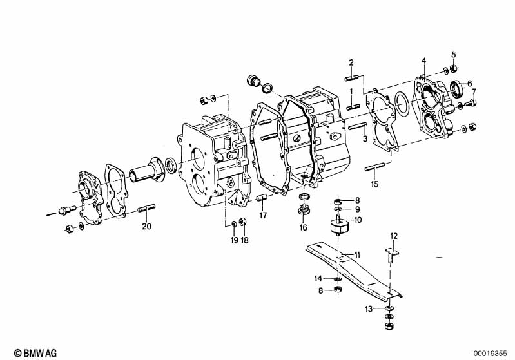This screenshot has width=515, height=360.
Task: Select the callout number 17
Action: pos(263,216)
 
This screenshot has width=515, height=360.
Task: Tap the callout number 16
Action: pos(303,227)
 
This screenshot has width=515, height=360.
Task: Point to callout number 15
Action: pos(374,183)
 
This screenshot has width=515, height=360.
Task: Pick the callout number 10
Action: pos(358,220)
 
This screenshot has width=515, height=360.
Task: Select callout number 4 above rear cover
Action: pos(423,61)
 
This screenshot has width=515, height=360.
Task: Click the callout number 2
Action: pos(351,62)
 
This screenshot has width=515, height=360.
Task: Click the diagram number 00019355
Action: pos(494,352)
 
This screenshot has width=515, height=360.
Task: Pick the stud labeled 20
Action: pos(146,208)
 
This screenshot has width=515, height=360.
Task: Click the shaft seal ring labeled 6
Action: pos(458,88)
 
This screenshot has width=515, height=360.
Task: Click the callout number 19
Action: pos(234,240)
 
